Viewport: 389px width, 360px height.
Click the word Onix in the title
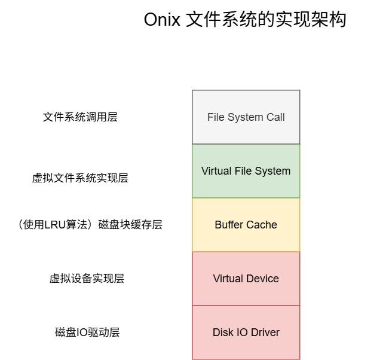(162, 20)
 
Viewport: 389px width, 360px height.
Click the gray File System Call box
(246, 117)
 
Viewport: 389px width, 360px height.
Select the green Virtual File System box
(246, 171)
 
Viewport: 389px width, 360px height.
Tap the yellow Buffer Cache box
(246, 225)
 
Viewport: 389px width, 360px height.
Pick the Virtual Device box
(246, 279)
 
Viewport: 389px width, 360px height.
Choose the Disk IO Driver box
(246, 332)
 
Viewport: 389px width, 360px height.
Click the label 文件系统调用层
(80, 117)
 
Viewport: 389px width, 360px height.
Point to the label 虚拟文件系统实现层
(80, 178)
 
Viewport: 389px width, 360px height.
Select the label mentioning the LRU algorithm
(90, 225)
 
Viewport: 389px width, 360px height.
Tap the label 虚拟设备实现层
(87, 279)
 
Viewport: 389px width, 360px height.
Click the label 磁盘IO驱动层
(87, 332)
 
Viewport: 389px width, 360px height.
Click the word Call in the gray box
(275, 117)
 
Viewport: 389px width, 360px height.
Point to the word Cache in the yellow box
(264, 225)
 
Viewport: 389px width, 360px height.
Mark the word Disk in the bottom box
(222, 332)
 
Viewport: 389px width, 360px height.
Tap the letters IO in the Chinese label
(82, 332)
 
